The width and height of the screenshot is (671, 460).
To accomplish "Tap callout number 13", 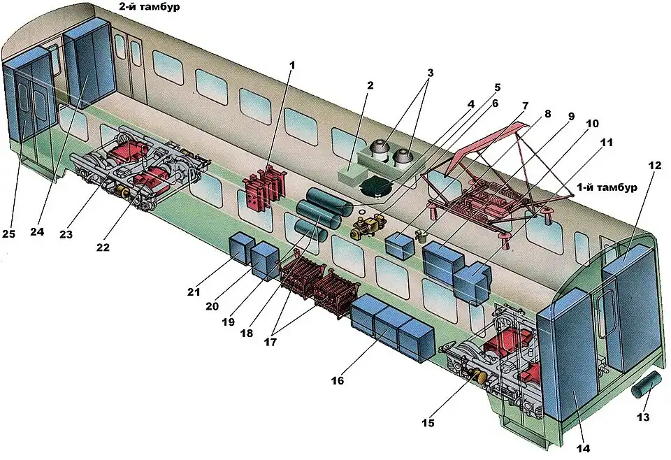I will [643, 417].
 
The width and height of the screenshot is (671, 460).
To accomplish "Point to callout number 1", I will [292, 65].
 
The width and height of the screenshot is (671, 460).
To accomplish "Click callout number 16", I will [338, 381].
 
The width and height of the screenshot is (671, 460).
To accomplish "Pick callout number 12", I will [654, 166].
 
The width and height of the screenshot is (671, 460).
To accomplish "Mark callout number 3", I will [431, 73].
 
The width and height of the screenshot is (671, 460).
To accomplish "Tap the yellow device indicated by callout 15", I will [480, 377].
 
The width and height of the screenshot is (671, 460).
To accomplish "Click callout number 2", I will [370, 86].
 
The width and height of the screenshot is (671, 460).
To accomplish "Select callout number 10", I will [592, 124].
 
